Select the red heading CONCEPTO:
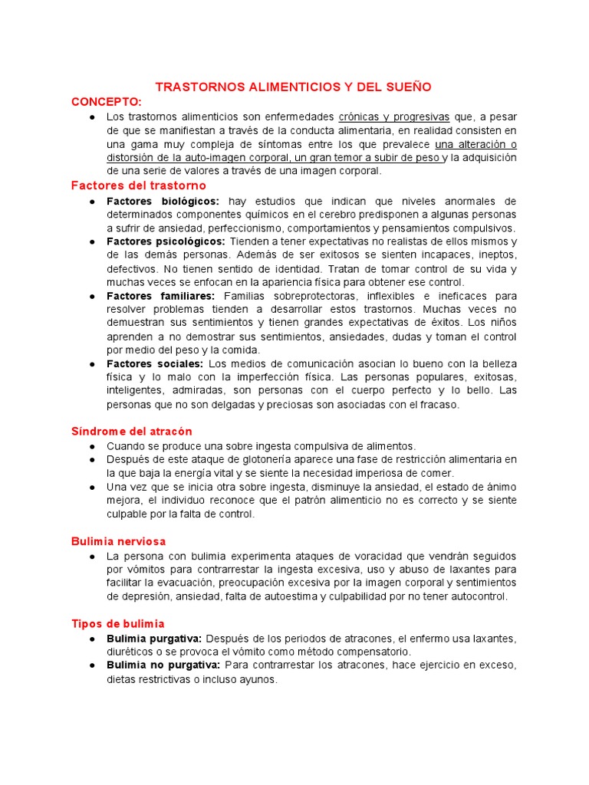click(107, 101)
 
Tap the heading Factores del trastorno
click(138, 186)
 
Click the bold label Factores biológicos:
click(163, 201)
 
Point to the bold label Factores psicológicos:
click(166, 241)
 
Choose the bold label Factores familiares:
click(160, 295)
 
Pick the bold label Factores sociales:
click(155, 363)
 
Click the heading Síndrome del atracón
click(131, 432)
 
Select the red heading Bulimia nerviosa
click(118, 541)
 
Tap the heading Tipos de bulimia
click(117, 624)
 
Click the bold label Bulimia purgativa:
click(154, 639)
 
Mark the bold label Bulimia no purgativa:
click(163, 665)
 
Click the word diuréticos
click(130, 652)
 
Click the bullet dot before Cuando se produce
click(92, 446)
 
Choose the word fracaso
click(437, 405)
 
